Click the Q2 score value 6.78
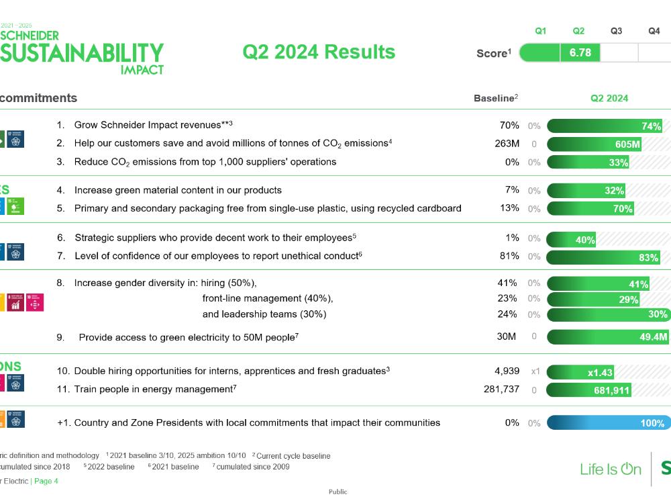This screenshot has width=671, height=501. [x=580, y=52]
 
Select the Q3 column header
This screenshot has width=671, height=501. [x=616, y=31]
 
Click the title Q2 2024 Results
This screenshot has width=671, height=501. [x=319, y=52]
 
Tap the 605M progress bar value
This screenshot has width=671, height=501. [x=627, y=144]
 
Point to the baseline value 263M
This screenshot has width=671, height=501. [x=507, y=143]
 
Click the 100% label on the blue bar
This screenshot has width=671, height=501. [x=652, y=423]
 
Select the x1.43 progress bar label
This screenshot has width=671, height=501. [x=600, y=373]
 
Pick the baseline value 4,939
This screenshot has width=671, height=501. [x=507, y=371]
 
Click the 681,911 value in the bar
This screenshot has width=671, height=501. [x=611, y=390]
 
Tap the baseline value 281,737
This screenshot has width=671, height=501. [x=501, y=389]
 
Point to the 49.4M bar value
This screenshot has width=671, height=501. [x=653, y=337]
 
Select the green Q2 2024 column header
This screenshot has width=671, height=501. [x=609, y=98]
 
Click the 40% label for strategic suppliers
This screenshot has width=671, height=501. [x=585, y=240]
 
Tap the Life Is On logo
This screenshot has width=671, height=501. [x=611, y=469]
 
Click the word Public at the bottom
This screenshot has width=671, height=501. [x=338, y=492]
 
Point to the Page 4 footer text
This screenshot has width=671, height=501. [x=46, y=481]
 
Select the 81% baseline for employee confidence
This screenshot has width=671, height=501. [x=509, y=256]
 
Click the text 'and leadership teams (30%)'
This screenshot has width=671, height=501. [x=264, y=314]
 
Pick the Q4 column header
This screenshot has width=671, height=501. [x=654, y=31]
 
